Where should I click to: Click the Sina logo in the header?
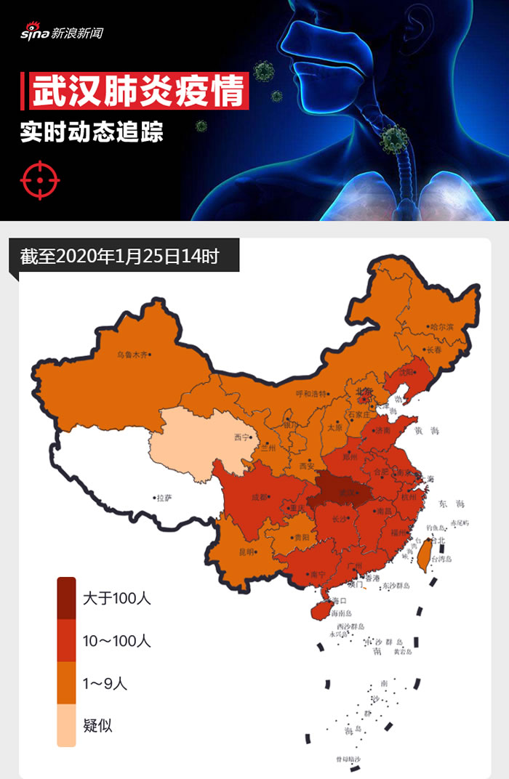click(x=62, y=33)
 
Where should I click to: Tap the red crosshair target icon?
click(x=40, y=179)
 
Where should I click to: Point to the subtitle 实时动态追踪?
click(x=92, y=133)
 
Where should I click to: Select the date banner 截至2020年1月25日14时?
click(x=120, y=257)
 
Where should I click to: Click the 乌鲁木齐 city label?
click(x=132, y=355)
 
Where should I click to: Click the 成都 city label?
click(x=259, y=498)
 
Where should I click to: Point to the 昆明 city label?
click(x=247, y=552)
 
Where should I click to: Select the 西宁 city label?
click(x=241, y=437)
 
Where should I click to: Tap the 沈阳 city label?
click(x=406, y=371)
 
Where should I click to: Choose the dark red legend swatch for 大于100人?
click(x=66, y=598)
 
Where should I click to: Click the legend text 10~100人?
click(x=116, y=641)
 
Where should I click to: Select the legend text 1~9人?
click(x=105, y=683)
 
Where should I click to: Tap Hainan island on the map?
click(x=322, y=608)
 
